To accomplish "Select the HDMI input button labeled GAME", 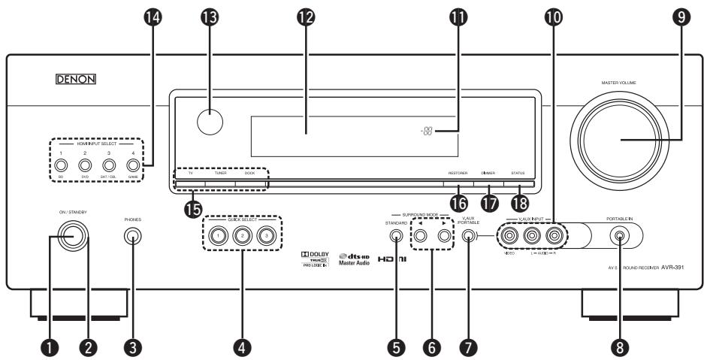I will [x=132, y=165].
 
